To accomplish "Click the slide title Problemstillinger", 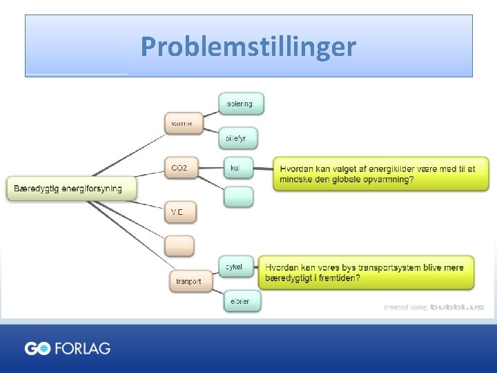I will click(248, 47).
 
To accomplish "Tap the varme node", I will click(183, 124).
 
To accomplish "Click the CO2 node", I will click(180, 168).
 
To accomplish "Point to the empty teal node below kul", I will click(238, 197).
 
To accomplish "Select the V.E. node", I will click(180, 212).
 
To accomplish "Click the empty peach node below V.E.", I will click(179, 245).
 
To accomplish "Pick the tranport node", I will click(188, 281).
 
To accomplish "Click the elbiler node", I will click(242, 302).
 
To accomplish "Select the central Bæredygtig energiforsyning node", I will click(72, 188).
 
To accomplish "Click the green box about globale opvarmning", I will click(380, 174).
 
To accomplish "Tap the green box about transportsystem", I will click(366, 272).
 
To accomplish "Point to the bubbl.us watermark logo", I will click(457, 307).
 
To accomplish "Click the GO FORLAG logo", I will click(68, 348).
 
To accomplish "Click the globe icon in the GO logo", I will click(43, 349).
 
